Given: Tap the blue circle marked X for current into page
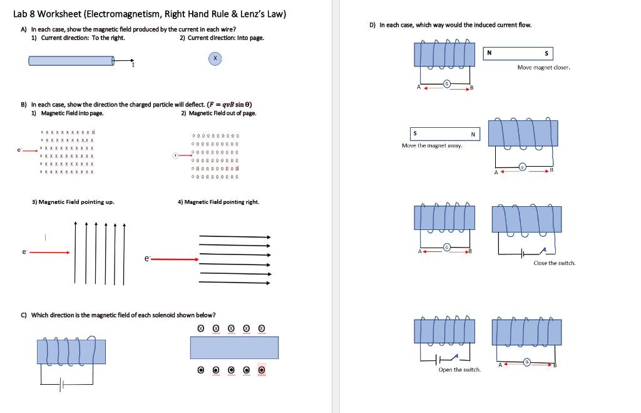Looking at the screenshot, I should click(215, 58).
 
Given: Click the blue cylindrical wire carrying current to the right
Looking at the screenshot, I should click(71, 60).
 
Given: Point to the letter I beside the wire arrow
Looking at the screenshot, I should click(132, 65).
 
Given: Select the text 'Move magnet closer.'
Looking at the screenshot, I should click(543, 67).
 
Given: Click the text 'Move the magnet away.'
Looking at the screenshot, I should click(432, 145).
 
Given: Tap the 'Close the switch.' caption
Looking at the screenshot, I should click(554, 263).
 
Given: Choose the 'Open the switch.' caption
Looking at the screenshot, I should click(459, 370).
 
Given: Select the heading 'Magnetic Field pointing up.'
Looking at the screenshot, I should click(73, 202).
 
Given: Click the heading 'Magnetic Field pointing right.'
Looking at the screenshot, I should click(218, 202).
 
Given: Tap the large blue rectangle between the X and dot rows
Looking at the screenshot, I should click(234, 347).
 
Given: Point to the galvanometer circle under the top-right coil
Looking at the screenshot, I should click(447, 83).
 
